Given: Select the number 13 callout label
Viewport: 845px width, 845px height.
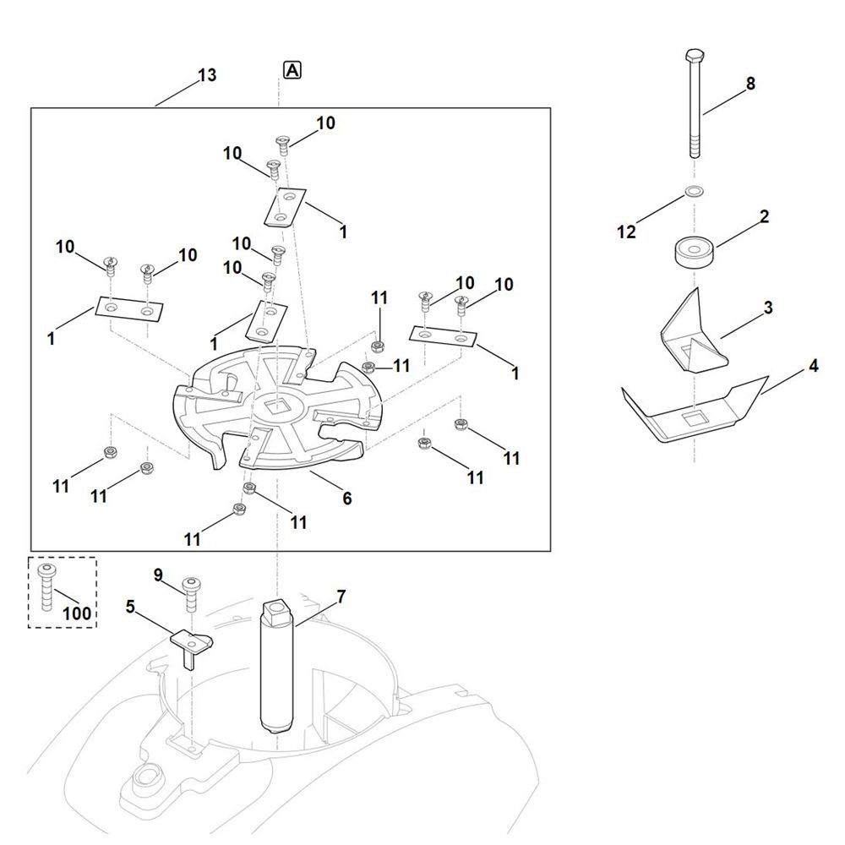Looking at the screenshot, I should tap(206, 75).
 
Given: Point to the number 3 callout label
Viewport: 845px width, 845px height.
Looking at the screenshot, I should tap(768, 308).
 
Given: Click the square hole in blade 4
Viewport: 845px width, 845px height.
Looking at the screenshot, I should tap(695, 417).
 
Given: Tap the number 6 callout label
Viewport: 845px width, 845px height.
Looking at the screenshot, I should tap(346, 499).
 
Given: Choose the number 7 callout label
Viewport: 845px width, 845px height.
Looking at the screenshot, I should tap(341, 597).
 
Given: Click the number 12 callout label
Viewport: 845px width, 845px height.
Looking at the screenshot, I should tap(626, 232).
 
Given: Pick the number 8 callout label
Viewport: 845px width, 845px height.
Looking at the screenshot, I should tap(750, 84).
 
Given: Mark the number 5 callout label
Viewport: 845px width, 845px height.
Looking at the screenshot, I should tap(130, 606).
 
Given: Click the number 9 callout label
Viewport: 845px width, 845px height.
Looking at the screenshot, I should tap(158, 575).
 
